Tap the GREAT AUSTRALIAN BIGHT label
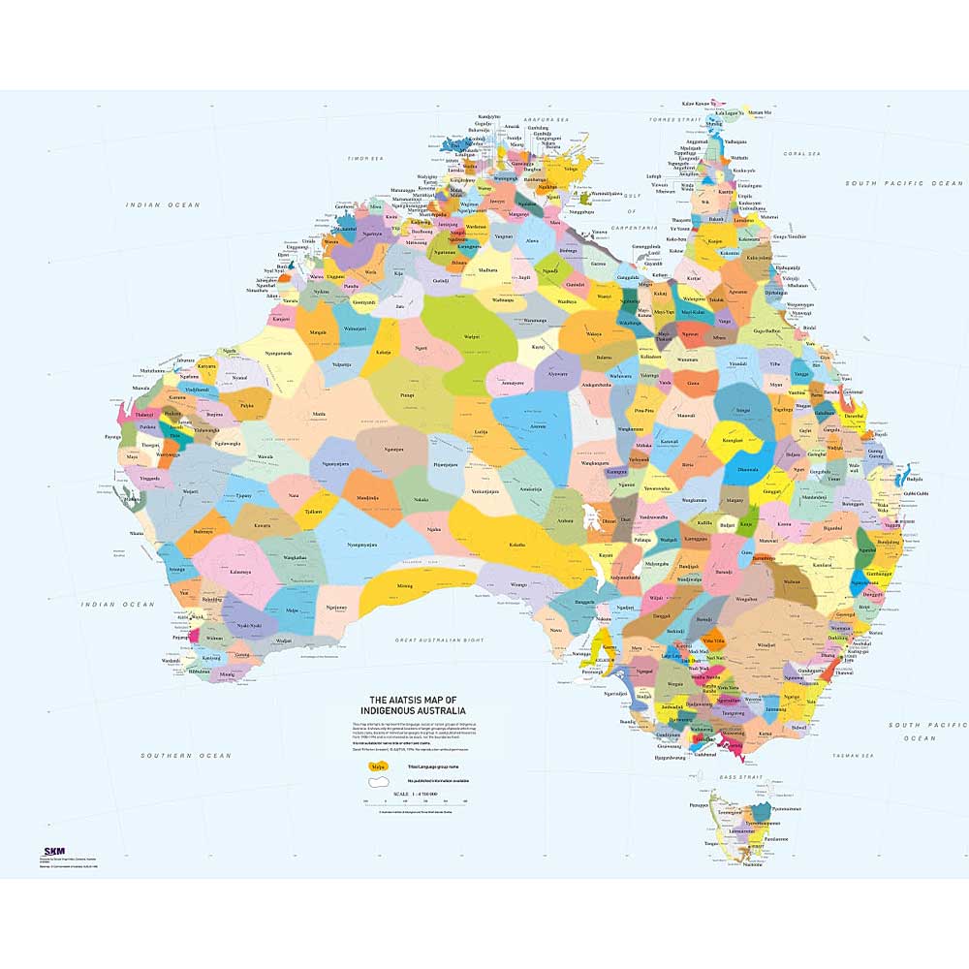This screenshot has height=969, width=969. tap(439, 641)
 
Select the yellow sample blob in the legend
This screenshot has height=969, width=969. tap(372, 766)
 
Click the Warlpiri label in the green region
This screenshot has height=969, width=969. tap(472, 336)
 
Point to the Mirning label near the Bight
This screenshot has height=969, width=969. tap(405, 586)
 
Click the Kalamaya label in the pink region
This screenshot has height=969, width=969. tap(239, 572)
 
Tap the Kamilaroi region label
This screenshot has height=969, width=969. tap(822, 564)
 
